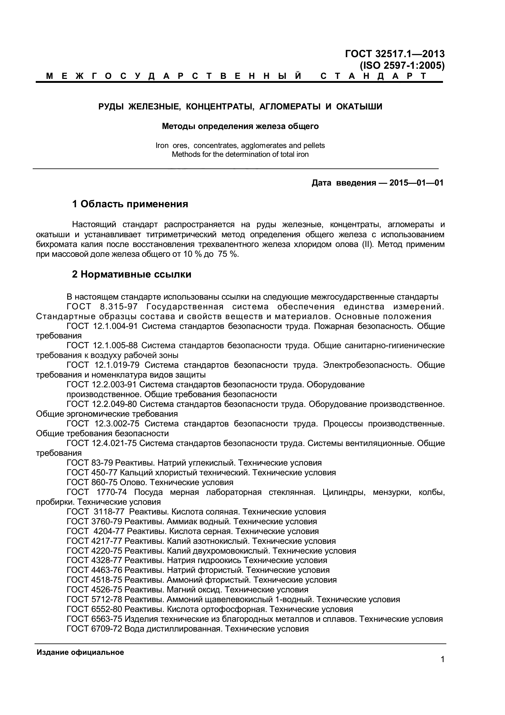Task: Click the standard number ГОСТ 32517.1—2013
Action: coord(394,54)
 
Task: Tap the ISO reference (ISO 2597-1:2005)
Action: coord(402,66)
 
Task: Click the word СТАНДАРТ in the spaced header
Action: coord(373,76)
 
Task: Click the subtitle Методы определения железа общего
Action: coord(240,127)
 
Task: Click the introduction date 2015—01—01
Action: coord(416,183)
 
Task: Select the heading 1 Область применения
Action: coord(130,204)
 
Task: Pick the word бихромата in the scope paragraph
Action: coord(56,245)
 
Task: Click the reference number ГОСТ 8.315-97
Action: coord(102,307)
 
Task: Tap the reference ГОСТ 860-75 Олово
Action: coord(150,483)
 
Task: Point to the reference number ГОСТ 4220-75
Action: coord(94,551)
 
